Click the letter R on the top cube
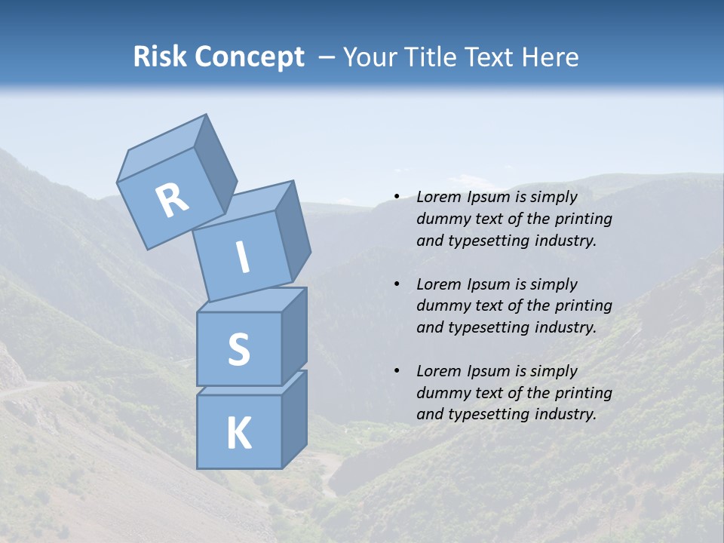point(172,200)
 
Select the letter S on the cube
point(238,349)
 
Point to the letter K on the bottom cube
point(238,434)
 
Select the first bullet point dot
point(397,197)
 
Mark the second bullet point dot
point(397,284)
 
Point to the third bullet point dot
point(397,371)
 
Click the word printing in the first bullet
point(583,219)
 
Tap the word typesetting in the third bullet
point(489,414)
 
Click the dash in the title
point(326,57)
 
